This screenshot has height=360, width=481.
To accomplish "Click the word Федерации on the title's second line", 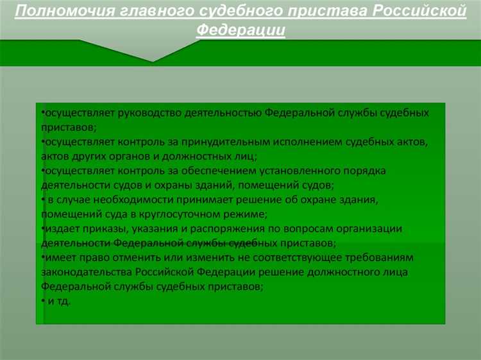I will click(x=240, y=30).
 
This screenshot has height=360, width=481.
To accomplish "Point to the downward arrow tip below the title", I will click(x=152, y=61).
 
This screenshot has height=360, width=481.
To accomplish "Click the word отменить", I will click(x=139, y=257).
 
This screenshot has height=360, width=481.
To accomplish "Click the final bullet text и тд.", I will click(x=58, y=300).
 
